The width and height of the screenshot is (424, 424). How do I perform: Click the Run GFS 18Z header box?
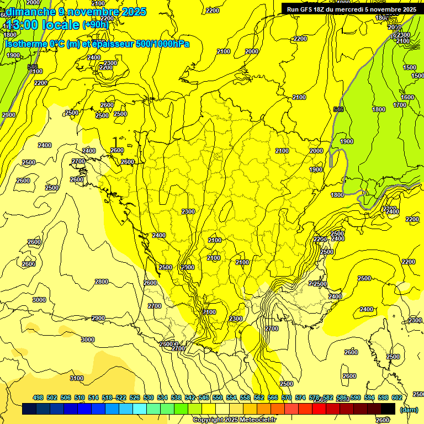point(351,9)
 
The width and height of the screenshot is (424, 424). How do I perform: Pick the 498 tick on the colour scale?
point(38,397)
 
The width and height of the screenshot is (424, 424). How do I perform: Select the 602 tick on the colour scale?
point(397,397)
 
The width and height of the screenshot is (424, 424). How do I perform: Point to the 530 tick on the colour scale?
point(149,397)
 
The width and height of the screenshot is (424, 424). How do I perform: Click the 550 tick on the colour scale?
point(218,397)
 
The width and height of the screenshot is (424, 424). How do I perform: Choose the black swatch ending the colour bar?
point(388,409)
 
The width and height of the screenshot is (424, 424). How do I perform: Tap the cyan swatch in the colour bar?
point(140,409)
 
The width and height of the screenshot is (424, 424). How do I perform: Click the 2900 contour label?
point(98,318)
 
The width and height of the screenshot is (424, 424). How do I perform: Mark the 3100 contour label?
point(77,378)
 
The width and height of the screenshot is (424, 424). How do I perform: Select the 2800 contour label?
point(102,282)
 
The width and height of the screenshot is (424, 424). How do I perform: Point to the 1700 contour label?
point(400,105)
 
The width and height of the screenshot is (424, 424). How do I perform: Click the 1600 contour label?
point(407,97)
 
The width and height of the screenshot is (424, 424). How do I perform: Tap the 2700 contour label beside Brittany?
point(78,161)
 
